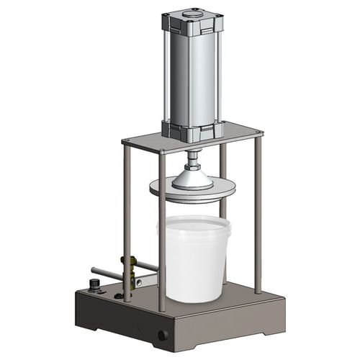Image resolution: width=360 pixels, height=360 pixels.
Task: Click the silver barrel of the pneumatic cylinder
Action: click(190, 76)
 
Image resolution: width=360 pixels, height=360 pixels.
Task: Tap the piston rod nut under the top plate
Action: click(194, 155)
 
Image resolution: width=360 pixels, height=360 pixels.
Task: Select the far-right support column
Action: click(258, 216)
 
